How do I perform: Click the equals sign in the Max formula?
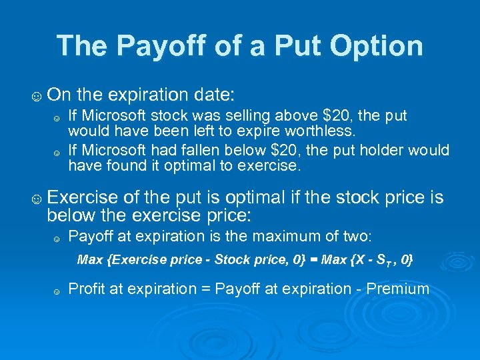(x=313, y=259)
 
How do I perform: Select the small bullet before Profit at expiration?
(x=57, y=291)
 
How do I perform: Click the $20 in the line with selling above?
(x=325, y=116)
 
